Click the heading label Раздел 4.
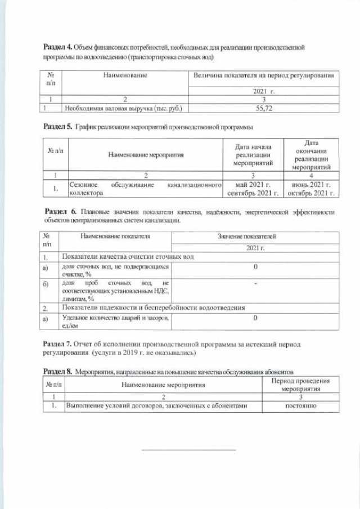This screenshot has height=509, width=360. tap(57, 48)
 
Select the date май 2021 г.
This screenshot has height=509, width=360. tap(253, 184)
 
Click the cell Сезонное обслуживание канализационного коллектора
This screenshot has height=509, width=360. tap(146, 188)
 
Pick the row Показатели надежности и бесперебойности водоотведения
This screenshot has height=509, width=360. tap(153, 308)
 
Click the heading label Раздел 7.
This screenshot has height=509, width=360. tap(57, 344)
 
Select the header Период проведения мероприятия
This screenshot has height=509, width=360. tap(301, 385)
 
